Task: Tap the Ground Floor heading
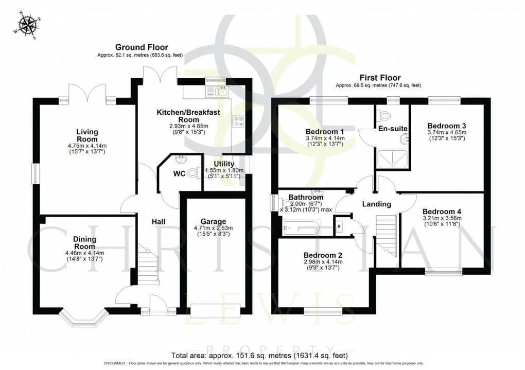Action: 139,47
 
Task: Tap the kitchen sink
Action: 218,92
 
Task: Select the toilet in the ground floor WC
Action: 194,174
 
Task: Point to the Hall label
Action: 158,221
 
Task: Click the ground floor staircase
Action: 147,267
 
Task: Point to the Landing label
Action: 376,204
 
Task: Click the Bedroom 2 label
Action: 323,255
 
